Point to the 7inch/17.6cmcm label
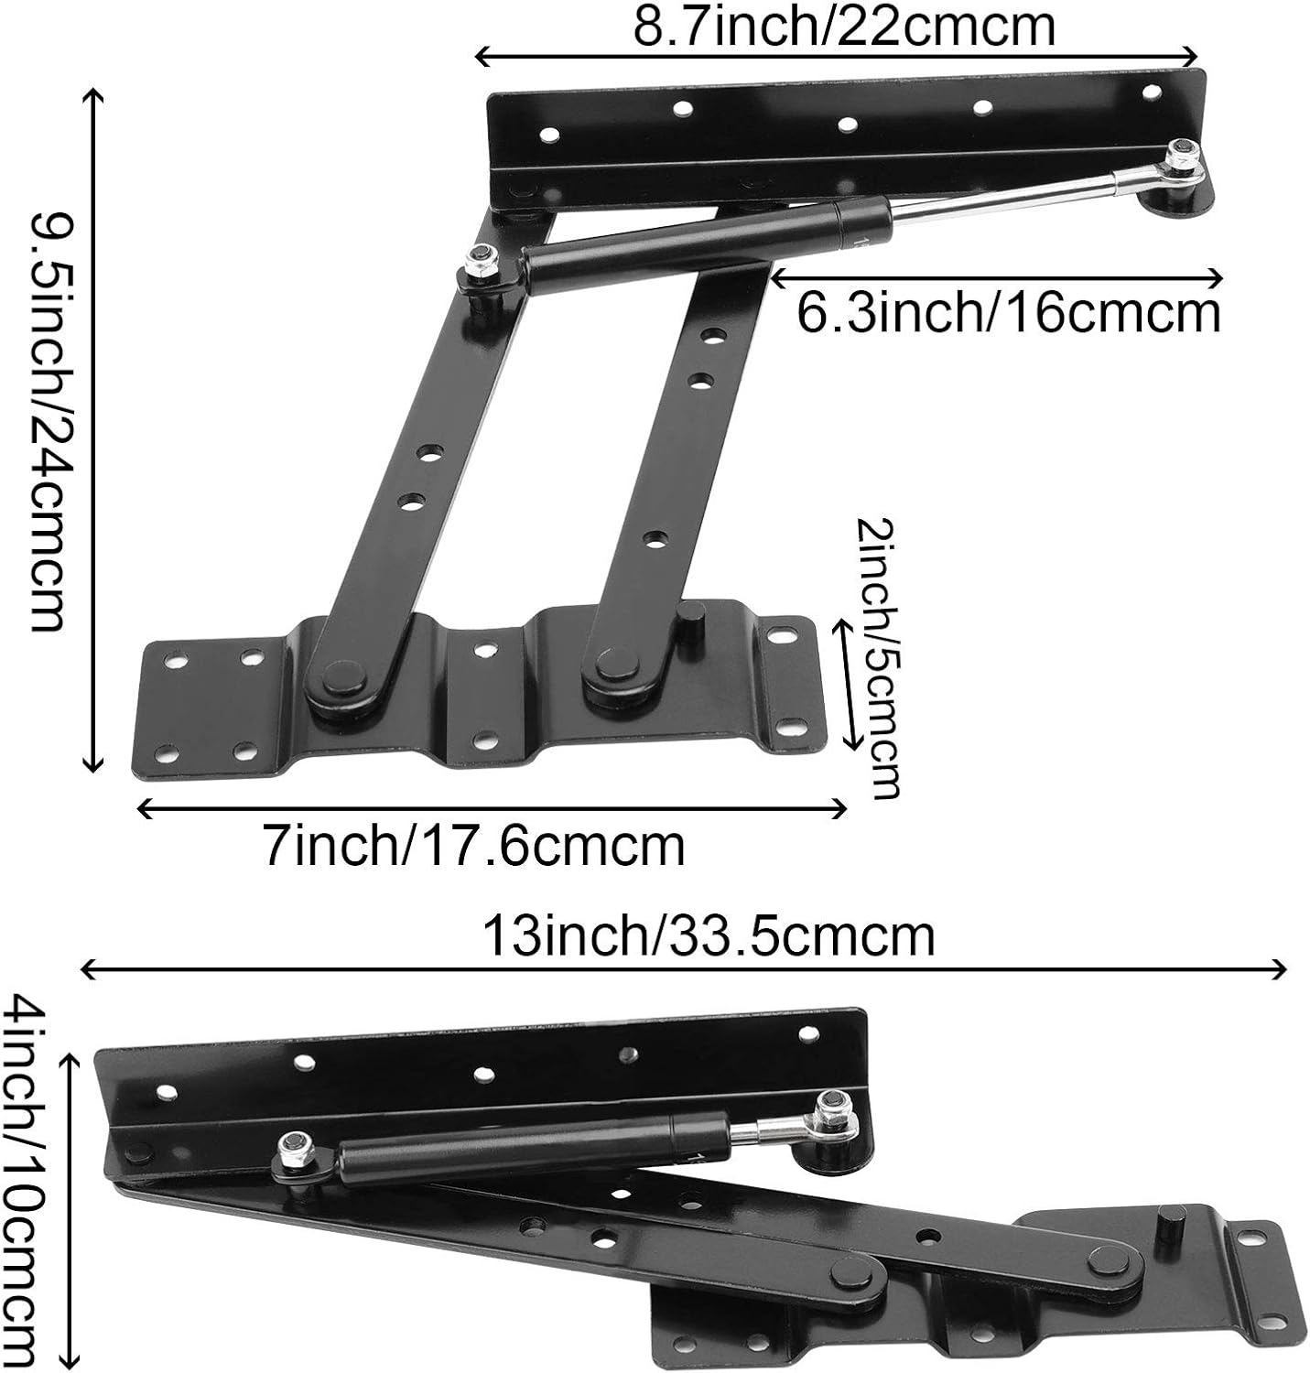(474, 846)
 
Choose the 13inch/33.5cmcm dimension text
(709, 935)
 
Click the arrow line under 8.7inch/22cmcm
(836, 57)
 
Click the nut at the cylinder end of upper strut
(480, 258)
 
